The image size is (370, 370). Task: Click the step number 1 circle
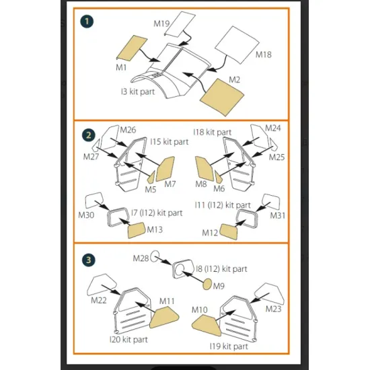86,21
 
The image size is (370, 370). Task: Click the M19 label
161,24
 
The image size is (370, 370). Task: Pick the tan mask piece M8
203,168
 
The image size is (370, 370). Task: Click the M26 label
128,129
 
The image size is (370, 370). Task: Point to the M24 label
272,128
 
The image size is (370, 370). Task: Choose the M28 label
140,258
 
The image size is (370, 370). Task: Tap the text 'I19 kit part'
228,346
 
